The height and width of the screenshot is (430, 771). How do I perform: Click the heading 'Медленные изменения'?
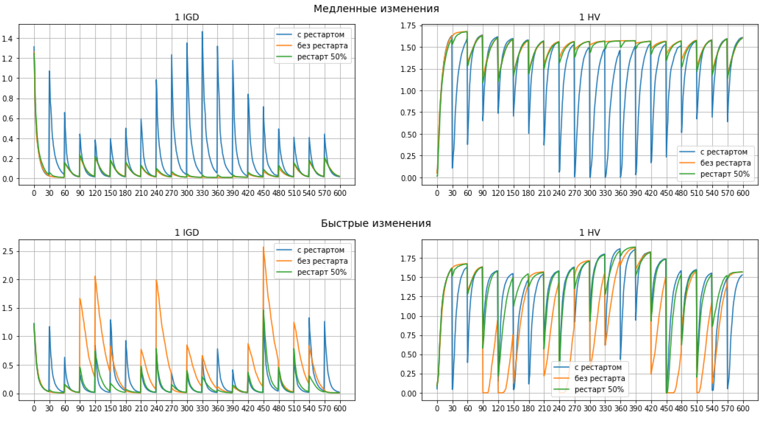click(376, 9)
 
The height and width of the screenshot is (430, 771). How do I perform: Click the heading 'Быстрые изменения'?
click(376, 223)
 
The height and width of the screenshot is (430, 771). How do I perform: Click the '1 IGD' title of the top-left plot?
click(187, 17)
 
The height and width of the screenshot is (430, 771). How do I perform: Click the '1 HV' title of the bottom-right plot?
click(589, 233)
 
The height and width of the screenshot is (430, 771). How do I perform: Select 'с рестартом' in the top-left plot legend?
click(321, 35)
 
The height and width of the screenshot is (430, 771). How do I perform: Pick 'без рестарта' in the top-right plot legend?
click(725, 163)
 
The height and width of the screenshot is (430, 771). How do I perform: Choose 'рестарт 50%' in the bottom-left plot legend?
click(322, 272)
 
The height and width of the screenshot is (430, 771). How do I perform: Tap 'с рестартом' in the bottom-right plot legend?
click(598, 367)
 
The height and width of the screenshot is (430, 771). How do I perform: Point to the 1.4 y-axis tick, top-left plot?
click(8, 39)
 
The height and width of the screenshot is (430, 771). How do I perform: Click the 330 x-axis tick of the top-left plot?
click(202, 193)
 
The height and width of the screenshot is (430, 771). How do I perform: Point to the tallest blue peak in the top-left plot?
click(202, 32)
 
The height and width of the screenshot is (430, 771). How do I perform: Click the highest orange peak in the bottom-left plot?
click(263, 247)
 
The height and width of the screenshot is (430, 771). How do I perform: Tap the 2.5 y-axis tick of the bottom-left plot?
click(8, 252)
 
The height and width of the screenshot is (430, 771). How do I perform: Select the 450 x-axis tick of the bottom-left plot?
click(263, 408)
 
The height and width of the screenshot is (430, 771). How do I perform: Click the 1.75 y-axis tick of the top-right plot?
click(408, 26)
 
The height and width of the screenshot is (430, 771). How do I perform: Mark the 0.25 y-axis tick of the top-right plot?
click(408, 156)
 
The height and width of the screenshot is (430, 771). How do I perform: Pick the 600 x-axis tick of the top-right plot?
click(743, 193)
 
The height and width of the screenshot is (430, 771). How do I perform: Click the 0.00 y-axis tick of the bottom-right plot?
click(408, 393)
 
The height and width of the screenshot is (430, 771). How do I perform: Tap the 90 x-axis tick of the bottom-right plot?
click(482, 408)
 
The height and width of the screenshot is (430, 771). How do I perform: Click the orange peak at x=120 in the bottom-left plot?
click(95, 277)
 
